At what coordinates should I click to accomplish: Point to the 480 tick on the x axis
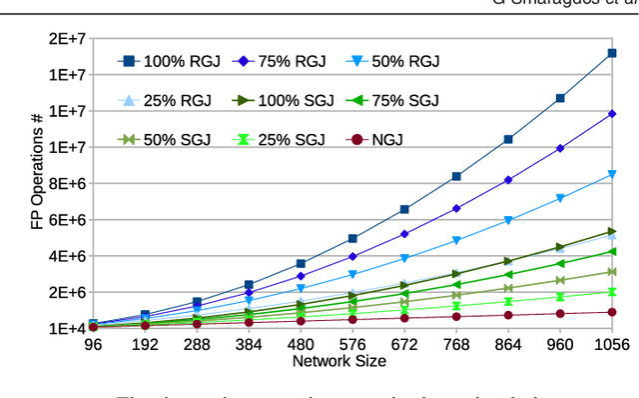coord(301,345)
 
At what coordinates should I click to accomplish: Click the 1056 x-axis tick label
coord(611,345)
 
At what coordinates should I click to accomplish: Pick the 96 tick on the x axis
coord(94,345)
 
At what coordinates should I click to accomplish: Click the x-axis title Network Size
coord(338,360)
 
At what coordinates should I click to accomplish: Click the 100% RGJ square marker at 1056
coord(611,53)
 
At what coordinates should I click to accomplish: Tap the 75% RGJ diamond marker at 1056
coord(611,114)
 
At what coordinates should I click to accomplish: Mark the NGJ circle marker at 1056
coord(611,312)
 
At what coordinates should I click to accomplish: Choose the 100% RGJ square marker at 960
coord(560,98)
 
